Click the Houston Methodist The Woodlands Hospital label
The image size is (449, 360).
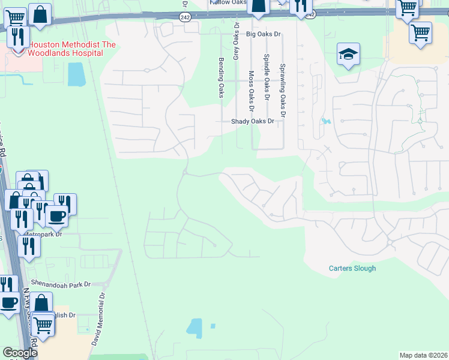(x=65, y=49)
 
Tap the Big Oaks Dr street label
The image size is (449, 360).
(x=264, y=34)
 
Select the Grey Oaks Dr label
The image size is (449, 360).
(x=237, y=46)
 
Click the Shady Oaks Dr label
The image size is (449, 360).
(x=253, y=121)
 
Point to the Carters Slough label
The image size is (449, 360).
(x=352, y=268)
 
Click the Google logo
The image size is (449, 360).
(x=19, y=353)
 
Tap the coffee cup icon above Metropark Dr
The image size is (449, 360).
(x=56, y=217)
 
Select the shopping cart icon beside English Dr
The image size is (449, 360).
(x=42, y=325)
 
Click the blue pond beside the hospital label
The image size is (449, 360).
(x=76, y=74)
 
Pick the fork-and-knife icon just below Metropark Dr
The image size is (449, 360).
(x=29, y=245)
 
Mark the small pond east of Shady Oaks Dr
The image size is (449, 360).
(x=325, y=121)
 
